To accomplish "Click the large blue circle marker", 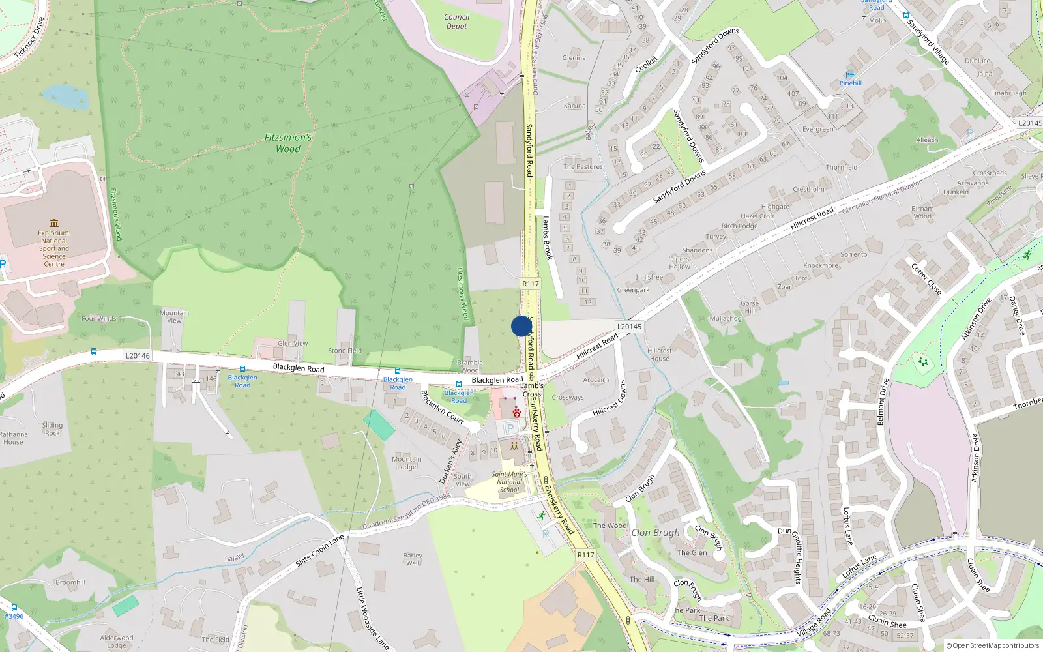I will (521, 326).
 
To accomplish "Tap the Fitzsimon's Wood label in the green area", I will (288, 143).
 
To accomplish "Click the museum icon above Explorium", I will (54, 223).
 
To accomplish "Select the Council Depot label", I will (456, 22).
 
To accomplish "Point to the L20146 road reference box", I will (138, 356).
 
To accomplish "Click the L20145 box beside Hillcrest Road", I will (629, 327).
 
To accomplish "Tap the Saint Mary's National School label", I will (509, 482).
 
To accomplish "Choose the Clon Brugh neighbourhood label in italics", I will (655, 533).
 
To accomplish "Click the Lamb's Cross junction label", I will (532, 390).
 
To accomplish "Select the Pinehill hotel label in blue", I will (851, 83).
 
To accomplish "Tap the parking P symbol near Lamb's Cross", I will (510, 428).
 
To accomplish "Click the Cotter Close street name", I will (926, 279).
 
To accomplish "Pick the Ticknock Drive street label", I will (30, 38).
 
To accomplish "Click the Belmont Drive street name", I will (883, 402).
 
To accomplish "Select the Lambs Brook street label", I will (548, 238).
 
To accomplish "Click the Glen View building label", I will (293, 343).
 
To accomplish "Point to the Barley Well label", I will (413, 559).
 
